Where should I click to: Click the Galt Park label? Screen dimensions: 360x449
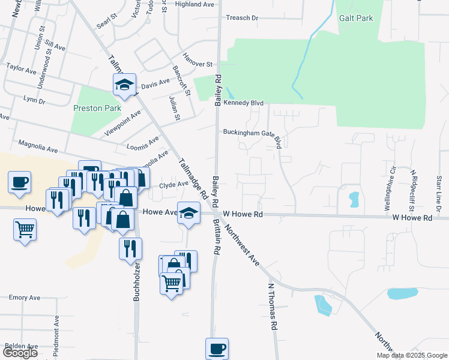pyautogui.click(x=356, y=18)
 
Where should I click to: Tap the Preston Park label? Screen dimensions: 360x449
pyautogui.click(x=97, y=109)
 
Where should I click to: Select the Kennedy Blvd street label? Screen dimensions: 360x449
pyautogui.click(x=244, y=103)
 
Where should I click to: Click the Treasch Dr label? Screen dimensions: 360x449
pyautogui.click(x=242, y=18)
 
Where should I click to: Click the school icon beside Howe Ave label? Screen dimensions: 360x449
pyautogui.click(x=188, y=214)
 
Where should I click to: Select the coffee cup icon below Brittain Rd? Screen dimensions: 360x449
pyautogui.click(x=217, y=348)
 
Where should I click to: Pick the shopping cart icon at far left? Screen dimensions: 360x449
pyautogui.click(x=25, y=229)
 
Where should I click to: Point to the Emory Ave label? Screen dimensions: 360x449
pyautogui.click(x=25, y=298)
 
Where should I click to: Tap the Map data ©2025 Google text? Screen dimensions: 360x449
pyautogui.click(x=412, y=355)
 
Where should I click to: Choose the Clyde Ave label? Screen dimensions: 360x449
pyautogui.click(x=173, y=185)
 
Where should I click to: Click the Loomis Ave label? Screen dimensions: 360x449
pyautogui.click(x=143, y=143)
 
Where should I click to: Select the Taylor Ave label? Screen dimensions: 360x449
pyautogui.click(x=22, y=70)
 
